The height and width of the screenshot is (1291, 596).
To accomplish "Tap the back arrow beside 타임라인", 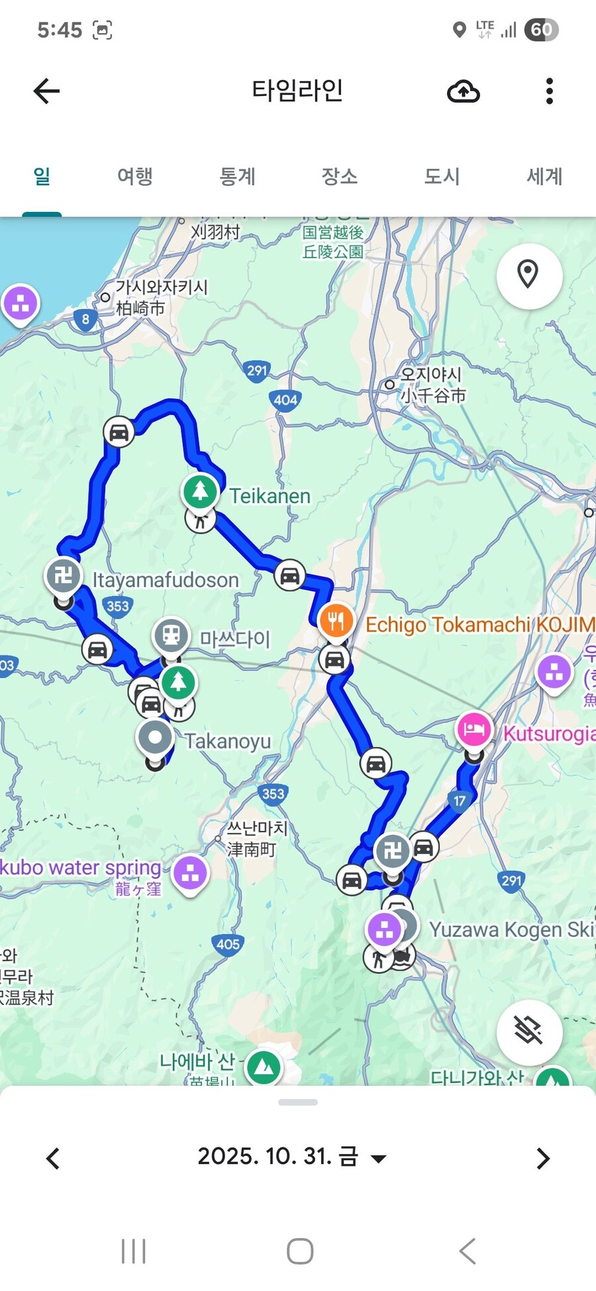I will pyautogui.click(x=46, y=91).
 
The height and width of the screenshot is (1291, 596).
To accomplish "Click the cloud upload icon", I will pyautogui.click(x=464, y=91).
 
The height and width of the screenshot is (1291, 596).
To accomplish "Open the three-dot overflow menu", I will pyautogui.click(x=549, y=91).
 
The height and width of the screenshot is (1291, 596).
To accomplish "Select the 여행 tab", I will pyautogui.click(x=135, y=176).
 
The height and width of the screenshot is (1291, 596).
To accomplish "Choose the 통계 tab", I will pyautogui.click(x=237, y=176).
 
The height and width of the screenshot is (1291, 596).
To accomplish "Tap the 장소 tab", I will pyautogui.click(x=339, y=176).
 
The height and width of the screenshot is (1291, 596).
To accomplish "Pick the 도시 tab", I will pyautogui.click(x=442, y=176).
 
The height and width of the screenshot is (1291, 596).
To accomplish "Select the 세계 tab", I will pyautogui.click(x=544, y=176).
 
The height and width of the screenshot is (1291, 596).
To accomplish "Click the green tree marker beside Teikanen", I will pyautogui.click(x=200, y=491).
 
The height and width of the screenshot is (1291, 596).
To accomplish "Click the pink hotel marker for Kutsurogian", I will pyautogui.click(x=474, y=730).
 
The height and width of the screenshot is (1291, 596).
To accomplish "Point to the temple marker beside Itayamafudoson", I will pyautogui.click(x=64, y=575).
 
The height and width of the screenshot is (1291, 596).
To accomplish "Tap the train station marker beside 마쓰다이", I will pyautogui.click(x=172, y=636).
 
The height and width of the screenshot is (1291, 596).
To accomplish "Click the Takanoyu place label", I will pyautogui.click(x=227, y=741).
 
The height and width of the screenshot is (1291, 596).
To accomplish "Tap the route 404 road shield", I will pyautogui.click(x=285, y=399).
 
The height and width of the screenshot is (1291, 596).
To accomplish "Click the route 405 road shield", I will pyautogui.click(x=228, y=944).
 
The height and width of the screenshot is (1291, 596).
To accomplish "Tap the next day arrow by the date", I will pyautogui.click(x=543, y=1158).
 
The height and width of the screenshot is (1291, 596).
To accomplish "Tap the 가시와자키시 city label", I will pyautogui.click(x=162, y=287).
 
